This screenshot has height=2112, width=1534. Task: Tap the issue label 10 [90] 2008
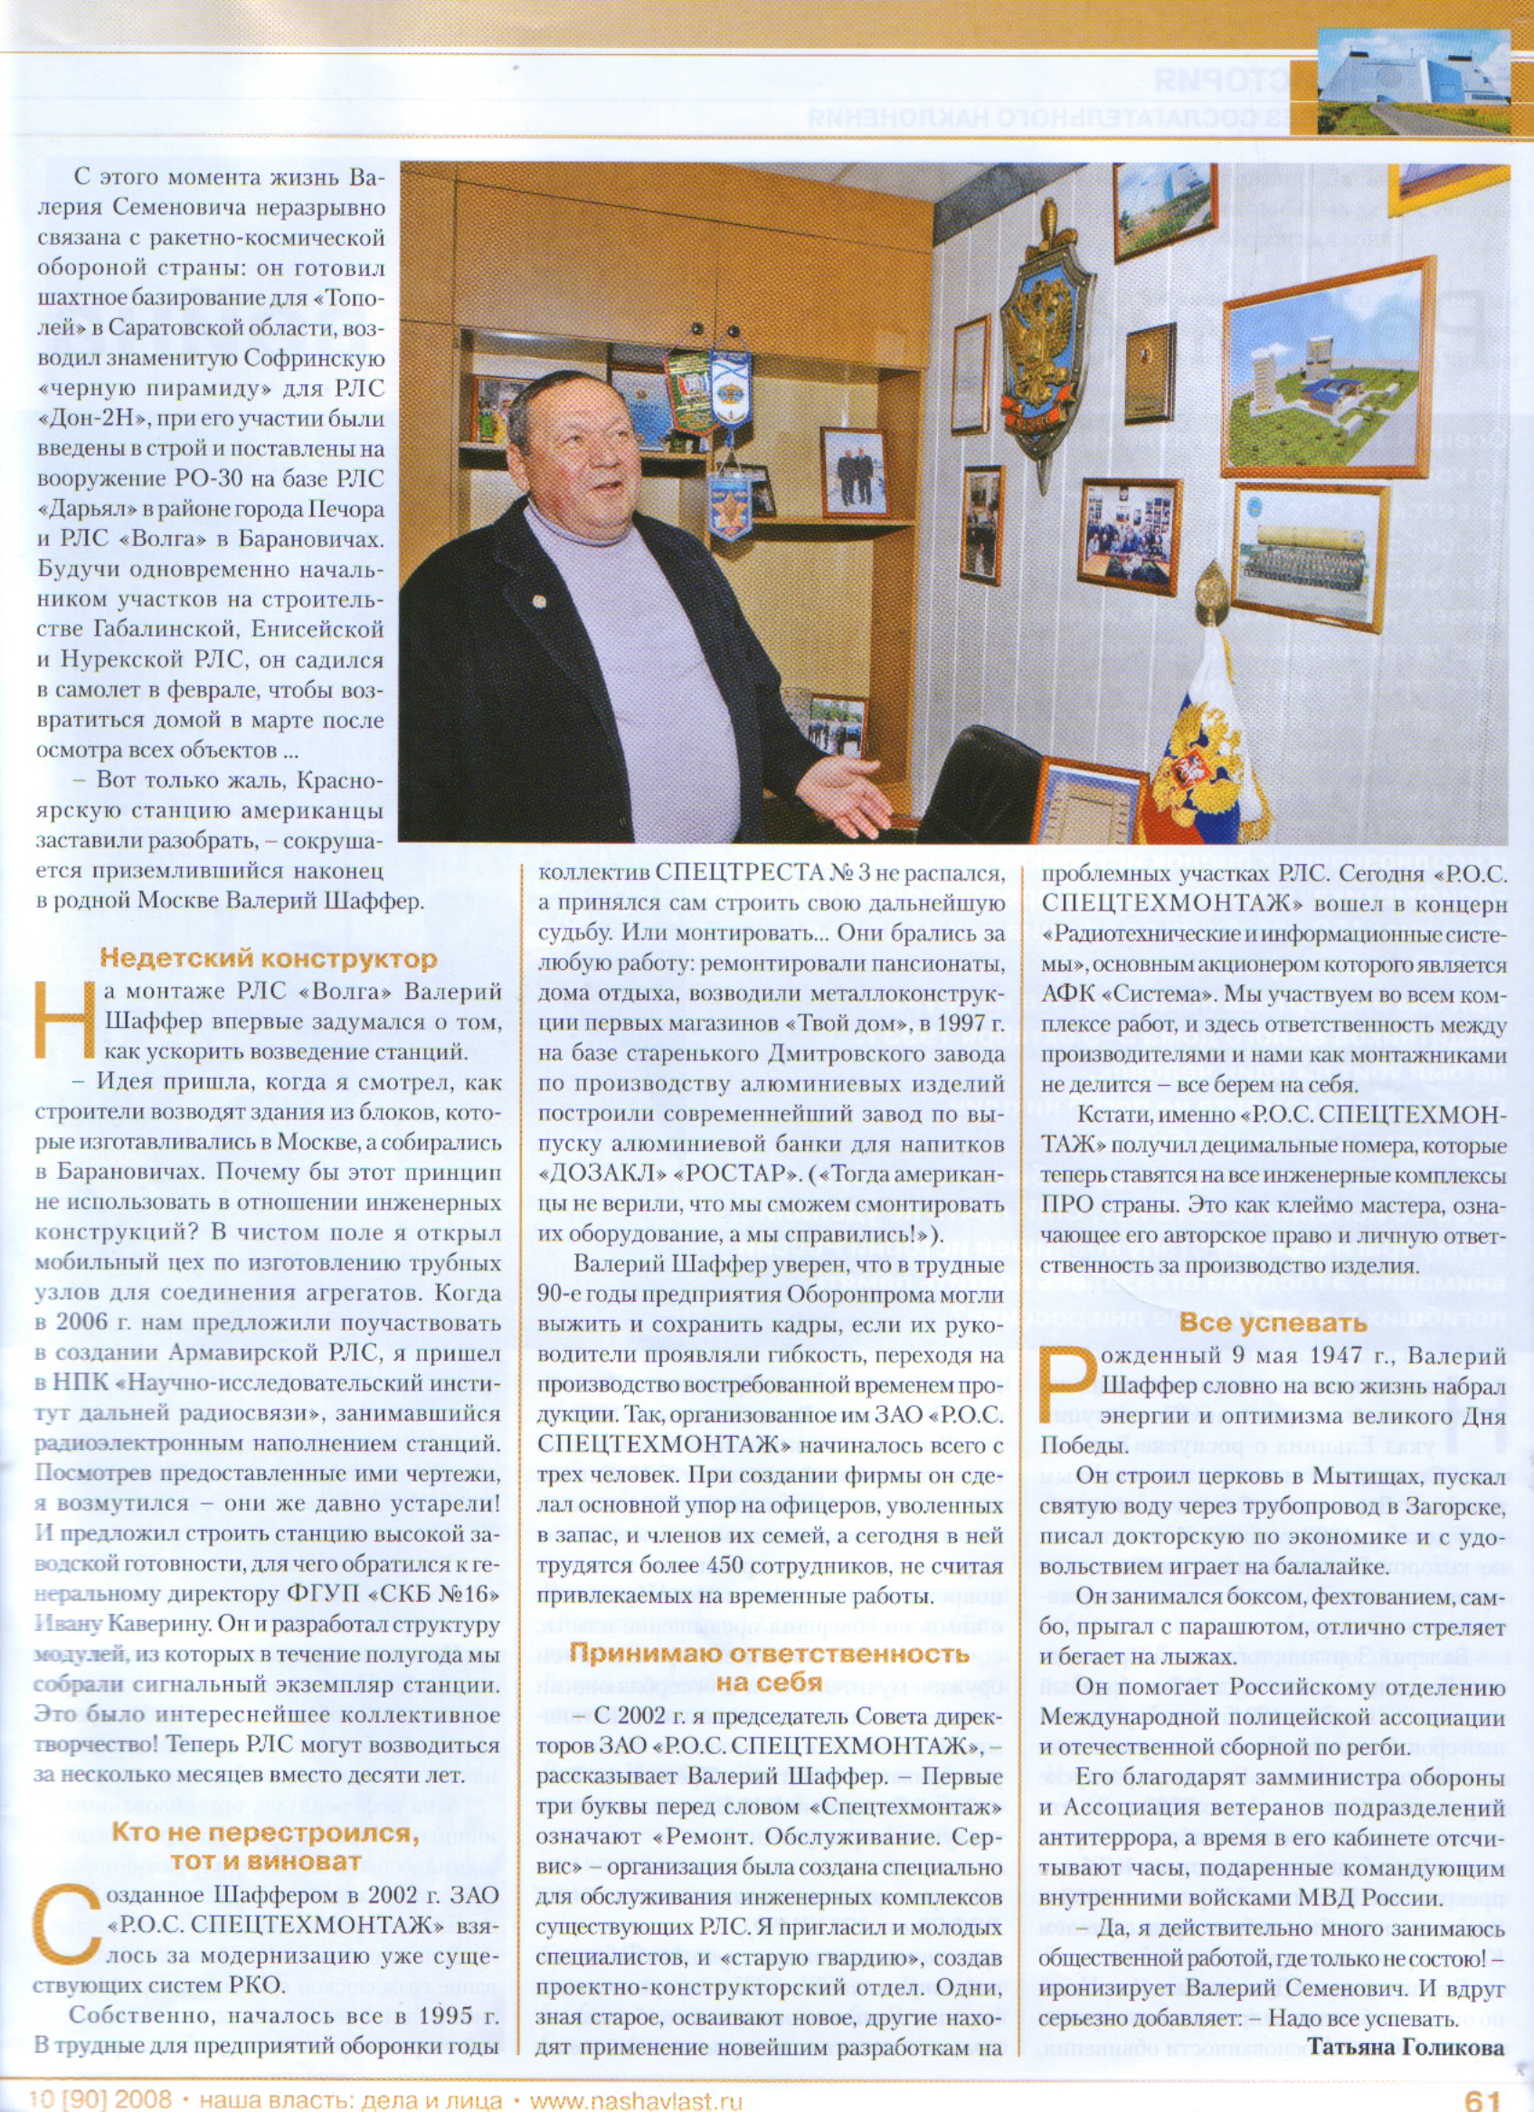pyautogui.click(x=99, y=2096)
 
